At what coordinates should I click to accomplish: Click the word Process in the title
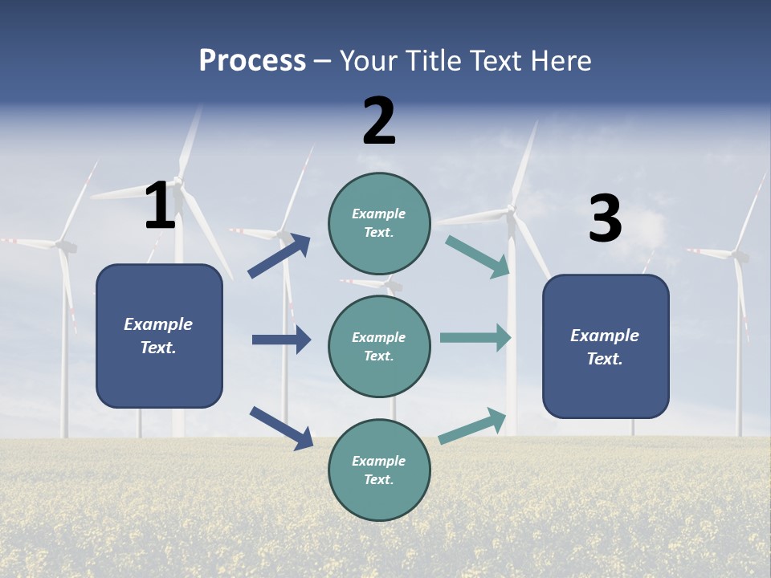point(252,60)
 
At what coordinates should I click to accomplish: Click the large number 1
point(160,206)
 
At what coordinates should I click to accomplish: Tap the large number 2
point(379,120)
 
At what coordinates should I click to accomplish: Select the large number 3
point(605,218)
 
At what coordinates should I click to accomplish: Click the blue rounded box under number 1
point(159,336)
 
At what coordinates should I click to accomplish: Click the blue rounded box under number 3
point(606,346)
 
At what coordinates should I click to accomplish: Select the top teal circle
point(379,223)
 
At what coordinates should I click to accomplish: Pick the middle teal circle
point(379,346)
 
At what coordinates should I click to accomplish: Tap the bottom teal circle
point(379,470)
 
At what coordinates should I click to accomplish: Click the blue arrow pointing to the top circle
point(279,256)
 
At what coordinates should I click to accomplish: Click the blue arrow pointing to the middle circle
point(281,340)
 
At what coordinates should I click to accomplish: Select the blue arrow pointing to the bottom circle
point(281,428)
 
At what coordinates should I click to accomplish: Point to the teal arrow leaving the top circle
point(478,256)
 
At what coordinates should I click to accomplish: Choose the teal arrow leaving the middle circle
point(475,337)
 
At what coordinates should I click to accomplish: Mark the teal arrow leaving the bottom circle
point(472,426)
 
